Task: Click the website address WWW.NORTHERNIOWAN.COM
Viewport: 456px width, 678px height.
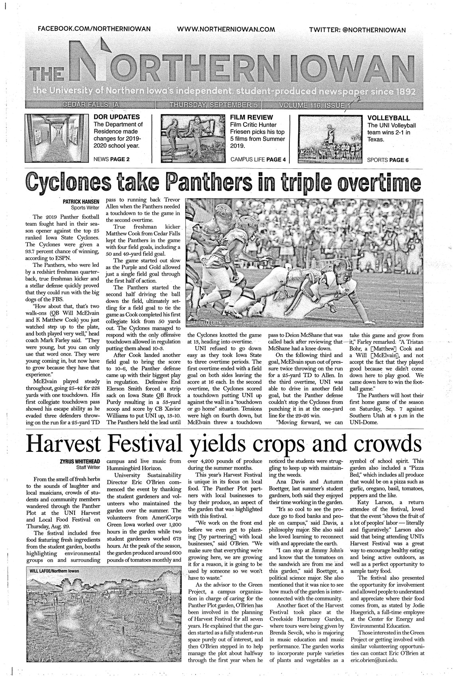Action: [x=226, y=29]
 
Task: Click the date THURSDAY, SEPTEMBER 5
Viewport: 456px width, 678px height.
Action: [x=214, y=105]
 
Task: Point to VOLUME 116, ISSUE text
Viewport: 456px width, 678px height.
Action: [x=313, y=105]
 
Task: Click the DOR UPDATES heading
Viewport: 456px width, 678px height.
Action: [x=116, y=117]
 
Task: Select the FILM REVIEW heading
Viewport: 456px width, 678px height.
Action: [x=252, y=117]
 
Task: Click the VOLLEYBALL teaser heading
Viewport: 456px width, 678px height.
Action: [x=388, y=118]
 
